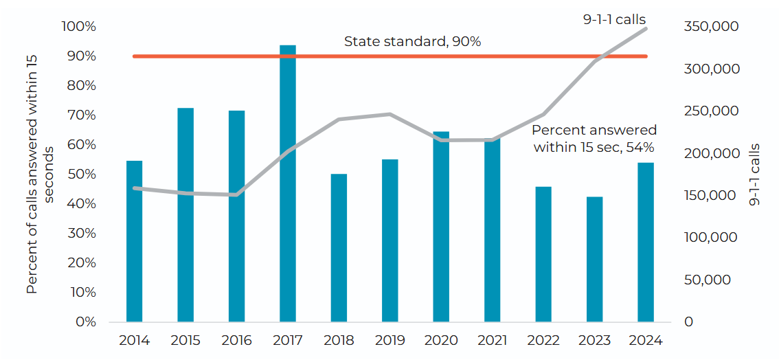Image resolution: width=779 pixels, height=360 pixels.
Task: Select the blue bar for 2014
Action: tap(135, 241)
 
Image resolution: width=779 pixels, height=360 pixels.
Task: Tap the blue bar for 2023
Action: tap(594, 259)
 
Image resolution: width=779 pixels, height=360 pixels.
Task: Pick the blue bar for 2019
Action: tap(390, 240)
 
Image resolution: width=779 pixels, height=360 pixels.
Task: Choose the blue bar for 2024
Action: tap(646, 242)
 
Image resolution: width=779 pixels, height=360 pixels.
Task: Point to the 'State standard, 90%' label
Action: tap(412, 42)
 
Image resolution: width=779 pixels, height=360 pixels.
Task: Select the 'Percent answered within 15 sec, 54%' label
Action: tap(594, 138)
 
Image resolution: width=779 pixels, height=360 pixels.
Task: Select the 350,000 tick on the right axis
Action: tap(711, 27)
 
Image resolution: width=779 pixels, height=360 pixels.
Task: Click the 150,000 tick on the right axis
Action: tap(711, 196)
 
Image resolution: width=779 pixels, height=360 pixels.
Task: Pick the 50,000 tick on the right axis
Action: tap(708, 280)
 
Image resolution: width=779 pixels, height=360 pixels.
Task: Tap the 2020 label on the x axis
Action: tap(441, 341)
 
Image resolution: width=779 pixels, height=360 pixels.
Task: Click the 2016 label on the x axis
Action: tap(236, 341)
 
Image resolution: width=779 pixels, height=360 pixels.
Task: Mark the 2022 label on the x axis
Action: tap(543, 341)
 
